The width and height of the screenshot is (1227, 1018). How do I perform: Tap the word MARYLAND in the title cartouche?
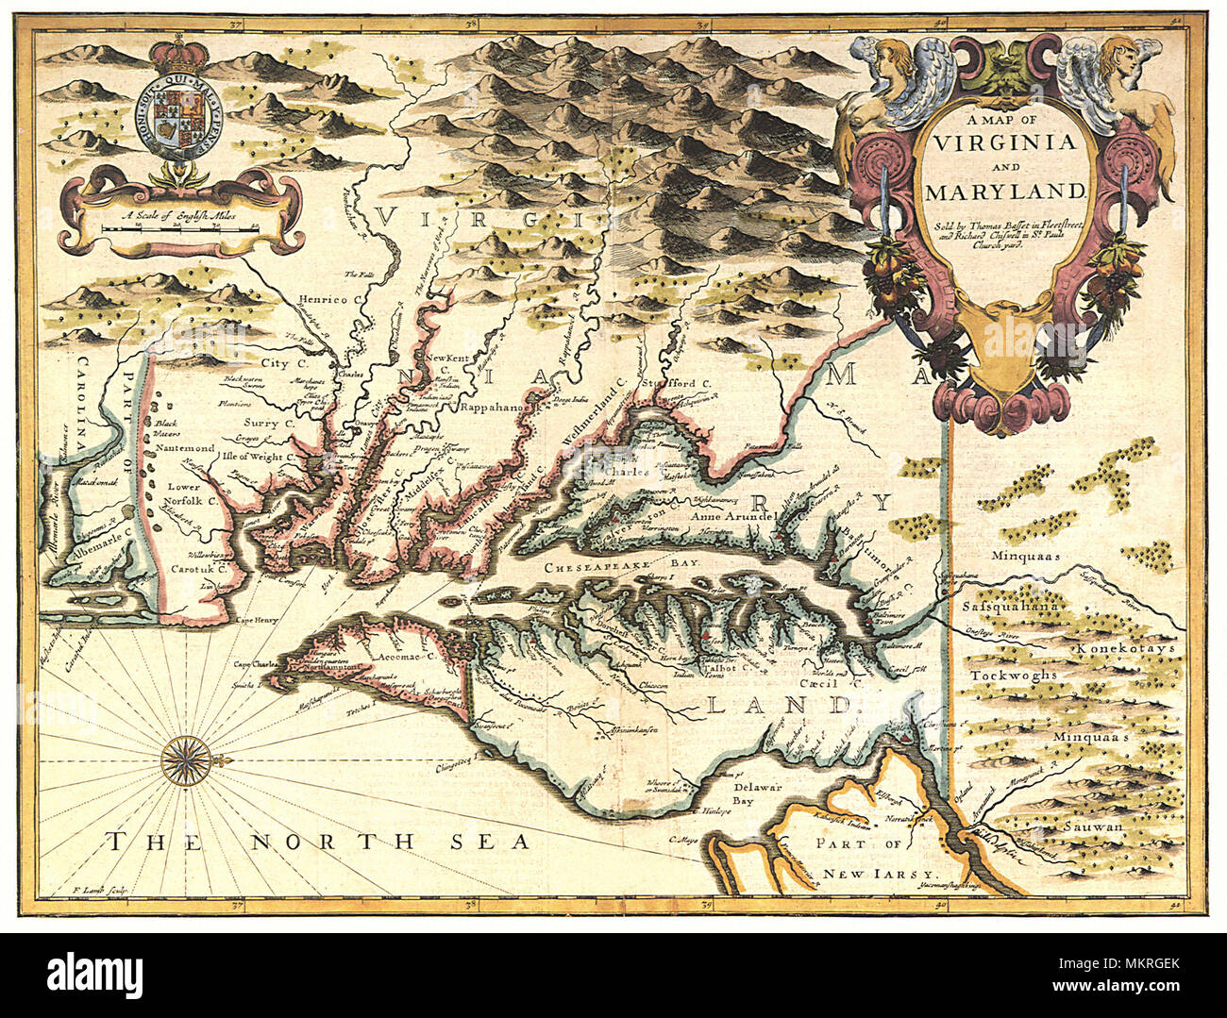(x=1006, y=192)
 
